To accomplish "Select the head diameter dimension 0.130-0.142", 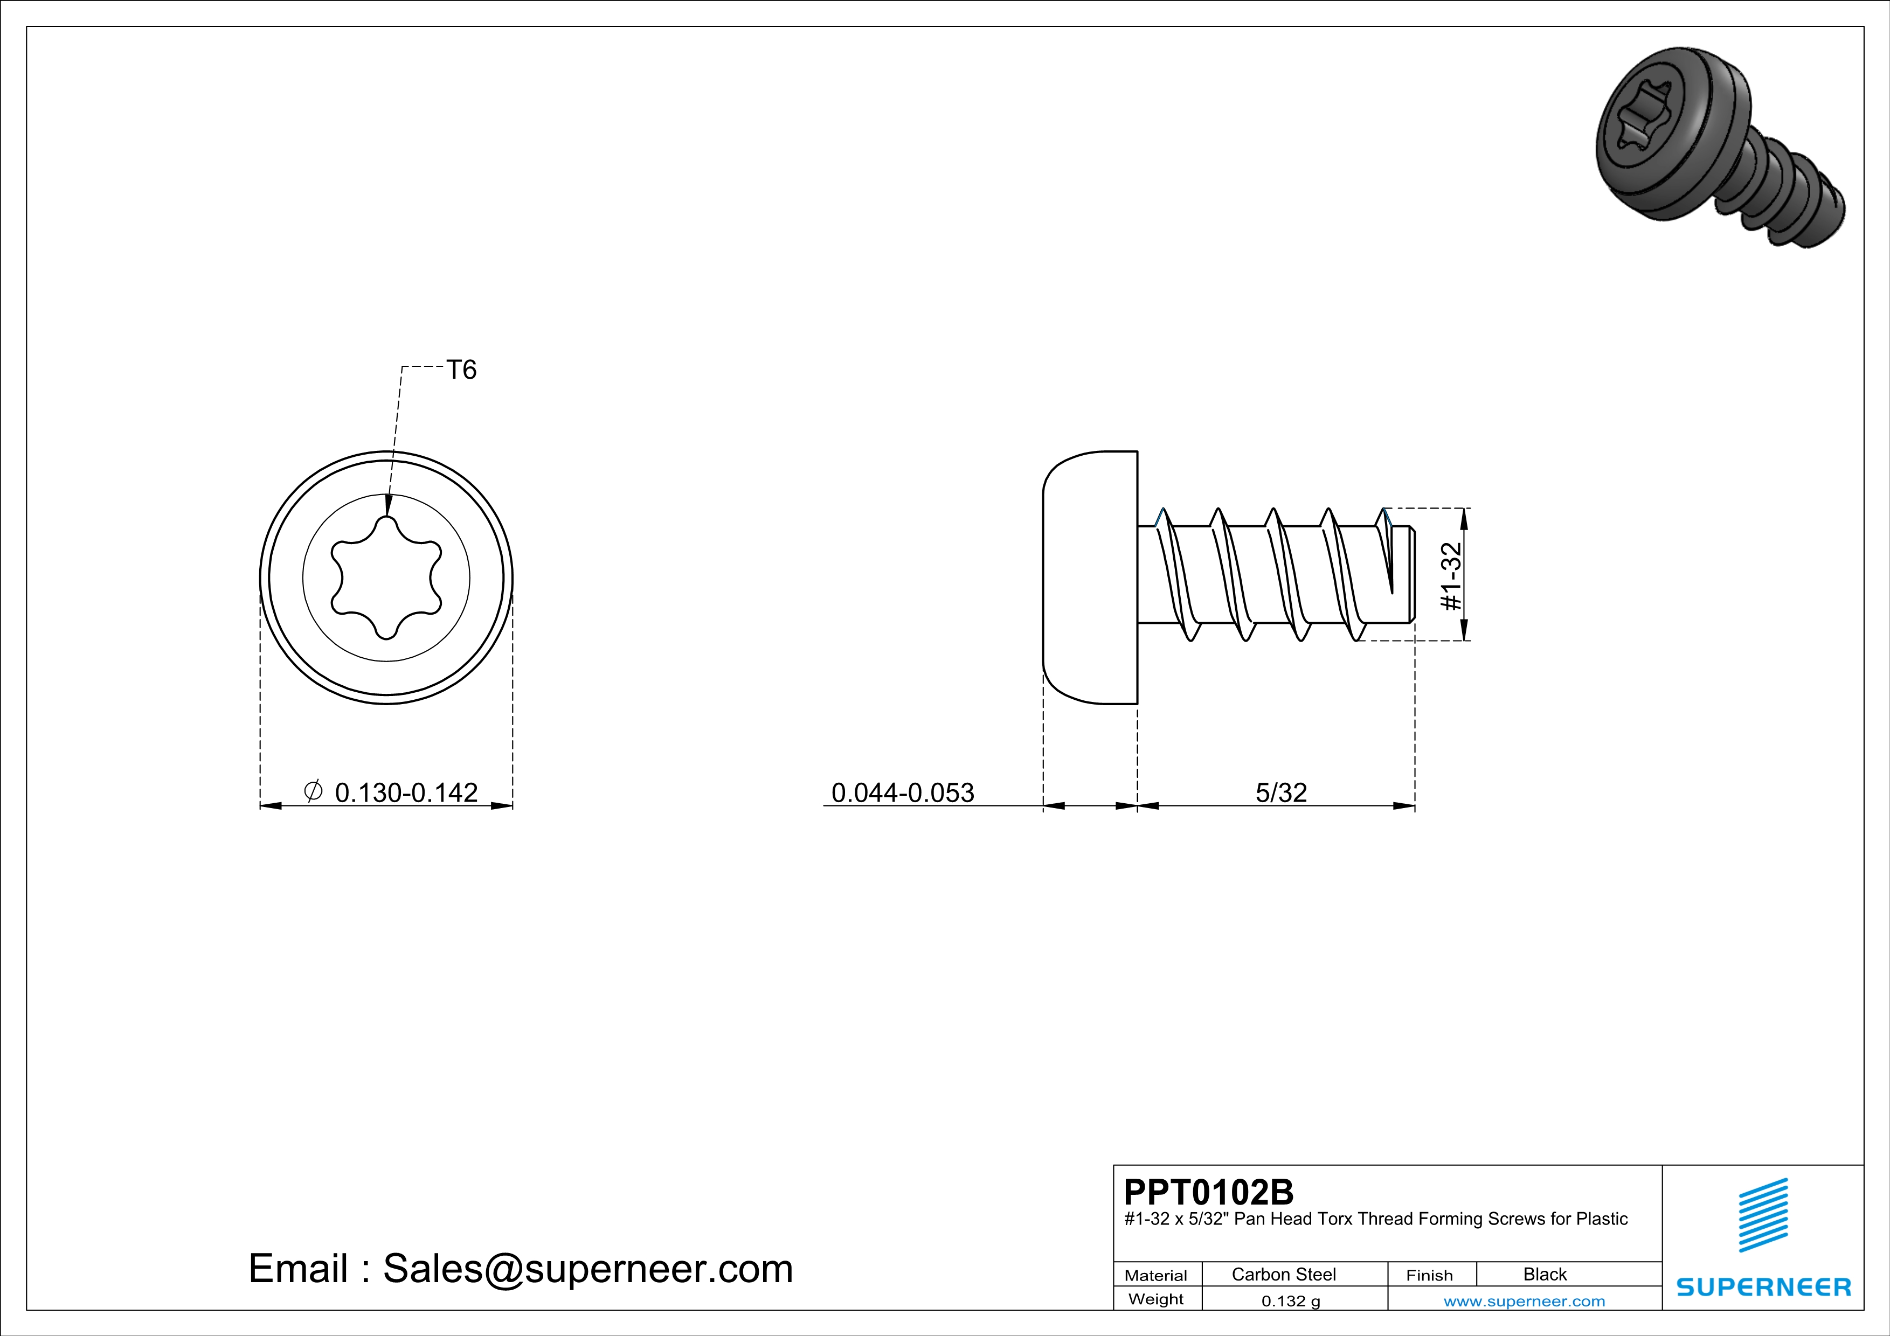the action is click(x=406, y=792).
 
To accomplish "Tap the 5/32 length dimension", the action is click(x=1281, y=792).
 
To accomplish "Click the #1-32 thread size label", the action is click(x=1451, y=576).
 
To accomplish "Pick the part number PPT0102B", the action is click(x=1208, y=1192).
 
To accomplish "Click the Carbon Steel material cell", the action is click(x=1283, y=1274).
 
